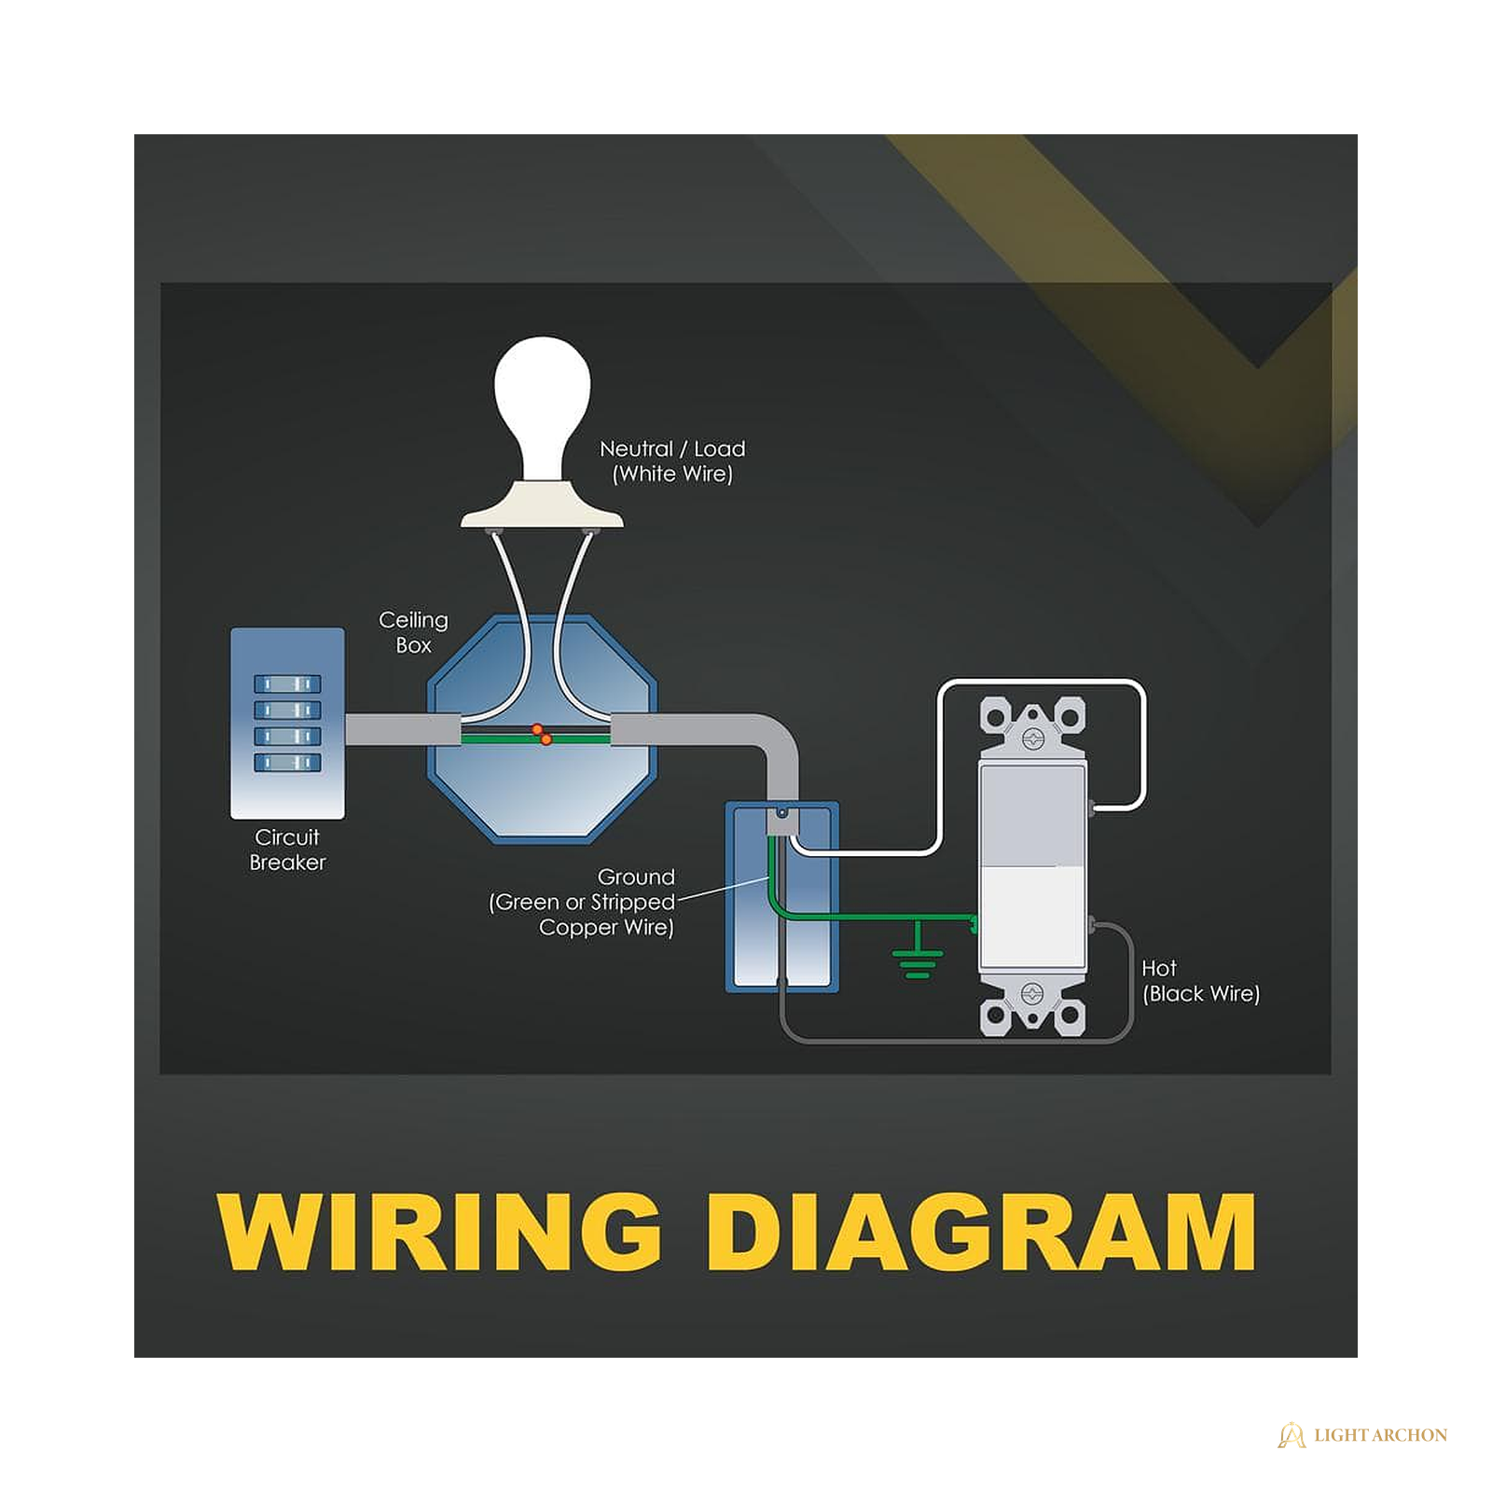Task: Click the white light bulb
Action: coord(542,406)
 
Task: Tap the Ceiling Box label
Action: coord(413,632)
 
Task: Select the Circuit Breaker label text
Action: coord(287,850)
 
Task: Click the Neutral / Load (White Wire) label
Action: coord(672,462)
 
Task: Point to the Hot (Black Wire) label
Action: coord(1201,981)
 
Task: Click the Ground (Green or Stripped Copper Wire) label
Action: coord(582,902)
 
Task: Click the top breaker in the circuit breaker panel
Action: coord(287,684)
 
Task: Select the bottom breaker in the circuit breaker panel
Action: coord(287,763)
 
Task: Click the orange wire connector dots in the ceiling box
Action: coord(542,734)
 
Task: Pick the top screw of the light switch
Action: coord(1032,739)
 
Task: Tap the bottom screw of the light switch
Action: coord(1032,992)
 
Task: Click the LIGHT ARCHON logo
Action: coord(1362,1435)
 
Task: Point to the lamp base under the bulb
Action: coord(542,505)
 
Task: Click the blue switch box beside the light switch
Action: coord(782,897)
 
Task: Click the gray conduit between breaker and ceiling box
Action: coord(403,729)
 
